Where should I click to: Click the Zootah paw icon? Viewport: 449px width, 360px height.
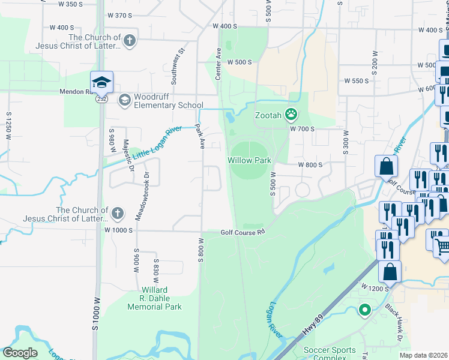coord(292,113)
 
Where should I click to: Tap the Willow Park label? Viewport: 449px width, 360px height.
coord(249,160)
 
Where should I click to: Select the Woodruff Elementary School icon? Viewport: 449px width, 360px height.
coord(125,100)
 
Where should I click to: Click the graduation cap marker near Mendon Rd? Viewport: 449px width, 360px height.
coord(101,81)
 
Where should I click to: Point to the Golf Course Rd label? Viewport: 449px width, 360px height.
coord(242,232)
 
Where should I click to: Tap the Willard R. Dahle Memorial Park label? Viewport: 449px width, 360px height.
coord(154,298)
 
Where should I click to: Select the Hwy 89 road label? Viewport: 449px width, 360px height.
coord(309,328)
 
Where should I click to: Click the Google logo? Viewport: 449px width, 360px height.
coord(20,353)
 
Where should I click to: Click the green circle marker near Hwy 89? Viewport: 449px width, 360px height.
coord(364,310)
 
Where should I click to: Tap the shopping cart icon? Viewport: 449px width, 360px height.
coord(442,245)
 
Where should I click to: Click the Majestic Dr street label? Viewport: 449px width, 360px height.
coord(127,155)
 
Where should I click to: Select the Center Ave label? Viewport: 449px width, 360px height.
coord(218,64)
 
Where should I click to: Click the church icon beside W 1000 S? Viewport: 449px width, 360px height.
coord(118,212)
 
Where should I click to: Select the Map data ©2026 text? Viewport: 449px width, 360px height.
coord(423,355)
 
